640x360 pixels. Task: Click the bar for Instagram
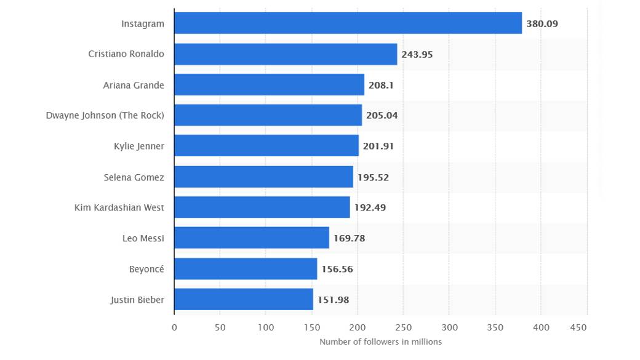(348, 23)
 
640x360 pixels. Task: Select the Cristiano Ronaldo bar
(286, 54)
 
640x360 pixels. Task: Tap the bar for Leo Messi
(251, 238)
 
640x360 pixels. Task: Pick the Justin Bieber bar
(243, 300)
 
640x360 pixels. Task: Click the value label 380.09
(542, 24)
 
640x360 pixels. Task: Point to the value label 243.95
(417, 54)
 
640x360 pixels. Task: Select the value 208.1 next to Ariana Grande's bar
(381, 85)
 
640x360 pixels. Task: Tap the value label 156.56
(337, 269)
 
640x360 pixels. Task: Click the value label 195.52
(373, 177)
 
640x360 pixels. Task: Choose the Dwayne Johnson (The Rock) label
(105, 115)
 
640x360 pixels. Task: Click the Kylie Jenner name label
(138, 146)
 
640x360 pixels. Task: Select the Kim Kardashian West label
(119, 207)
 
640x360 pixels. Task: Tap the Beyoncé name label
(146, 269)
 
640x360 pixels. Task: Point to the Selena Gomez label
(134, 177)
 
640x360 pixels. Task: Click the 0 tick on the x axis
(174, 328)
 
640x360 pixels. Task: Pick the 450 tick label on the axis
(578, 328)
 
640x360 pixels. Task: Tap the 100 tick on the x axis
(266, 328)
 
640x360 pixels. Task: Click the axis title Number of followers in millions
(380, 342)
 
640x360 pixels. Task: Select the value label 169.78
(349, 238)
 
